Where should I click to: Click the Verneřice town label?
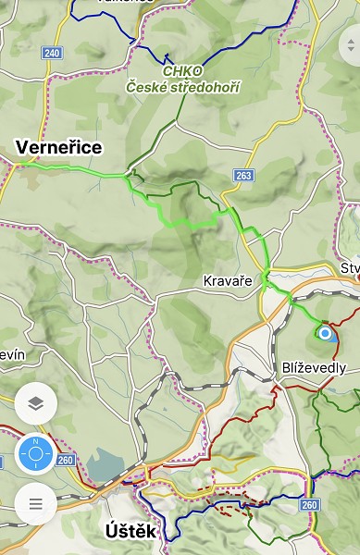(59, 147)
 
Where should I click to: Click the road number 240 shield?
(52, 53)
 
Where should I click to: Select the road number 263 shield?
(243, 175)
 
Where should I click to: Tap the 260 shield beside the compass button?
(66, 459)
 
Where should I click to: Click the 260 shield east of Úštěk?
(309, 504)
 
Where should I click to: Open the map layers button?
(36, 403)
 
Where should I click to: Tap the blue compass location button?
(36, 454)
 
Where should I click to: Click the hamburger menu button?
(36, 504)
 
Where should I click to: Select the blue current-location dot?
(325, 333)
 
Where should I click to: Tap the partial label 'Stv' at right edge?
(350, 268)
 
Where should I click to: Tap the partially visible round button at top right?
(352, 43)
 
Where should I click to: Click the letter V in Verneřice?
(23, 147)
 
